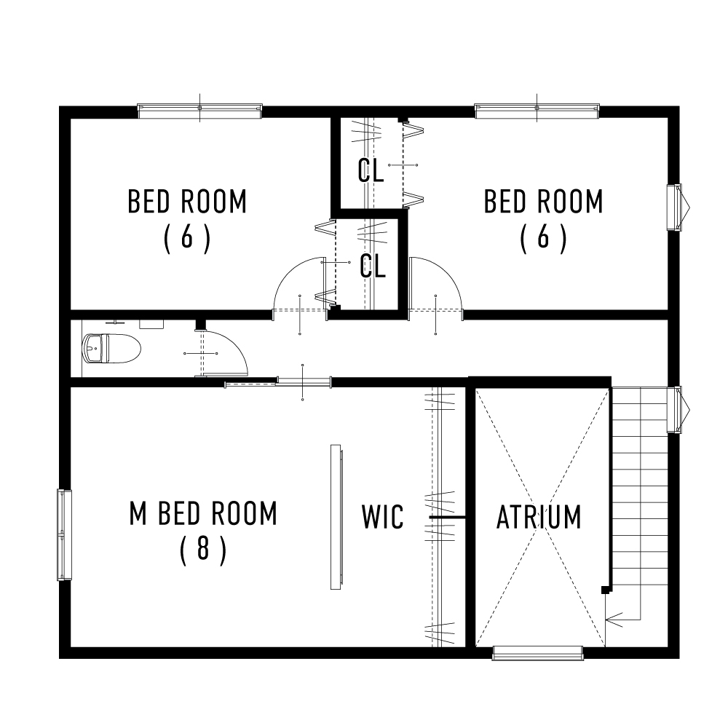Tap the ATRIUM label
(x=539, y=518)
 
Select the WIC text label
(x=382, y=518)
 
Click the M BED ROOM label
(x=203, y=514)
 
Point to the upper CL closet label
(x=371, y=171)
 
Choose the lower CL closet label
(x=373, y=266)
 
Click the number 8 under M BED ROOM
(x=203, y=550)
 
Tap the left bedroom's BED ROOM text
(x=187, y=202)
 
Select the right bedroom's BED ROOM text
(x=544, y=202)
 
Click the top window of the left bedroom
(x=199, y=110)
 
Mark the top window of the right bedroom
(x=537, y=110)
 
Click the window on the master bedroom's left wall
(x=65, y=535)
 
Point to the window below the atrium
(x=538, y=652)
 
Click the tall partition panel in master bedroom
(x=336, y=517)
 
